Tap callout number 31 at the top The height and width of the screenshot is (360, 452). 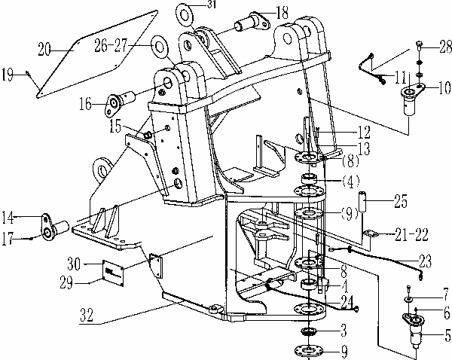coord(210,5)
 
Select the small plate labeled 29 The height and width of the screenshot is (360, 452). coord(113,272)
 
